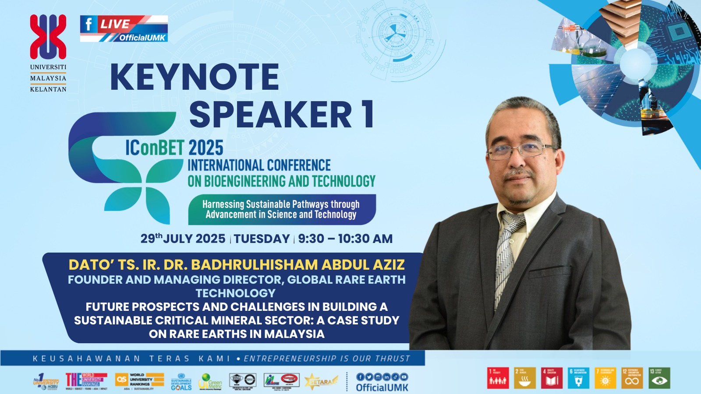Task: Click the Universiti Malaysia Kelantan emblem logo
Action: (x=48, y=37)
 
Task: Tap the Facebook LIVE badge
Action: (x=124, y=28)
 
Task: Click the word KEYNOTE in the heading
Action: (x=195, y=77)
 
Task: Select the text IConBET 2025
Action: (x=174, y=148)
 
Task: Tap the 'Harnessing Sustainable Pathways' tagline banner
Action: (x=281, y=209)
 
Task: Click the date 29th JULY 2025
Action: (x=183, y=239)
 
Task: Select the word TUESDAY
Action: (x=262, y=239)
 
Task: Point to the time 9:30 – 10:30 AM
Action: (x=345, y=239)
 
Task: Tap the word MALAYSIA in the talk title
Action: (x=294, y=334)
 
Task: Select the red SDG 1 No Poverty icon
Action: (x=498, y=378)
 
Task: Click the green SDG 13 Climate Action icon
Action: (x=659, y=378)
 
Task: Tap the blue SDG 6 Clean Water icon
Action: (x=578, y=378)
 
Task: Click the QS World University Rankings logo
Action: (x=139, y=380)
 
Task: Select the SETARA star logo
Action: (x=321, y=381)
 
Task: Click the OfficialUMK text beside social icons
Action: (x=382, y=387)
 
